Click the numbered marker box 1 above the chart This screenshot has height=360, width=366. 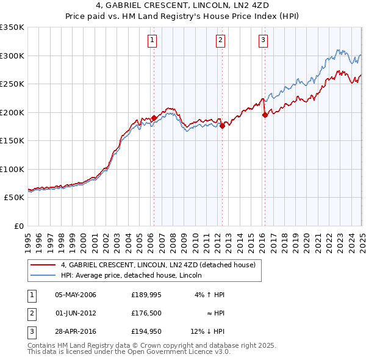point(151,41)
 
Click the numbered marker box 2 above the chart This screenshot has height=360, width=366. point(220,41)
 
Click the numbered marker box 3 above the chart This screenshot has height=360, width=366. point(263,41)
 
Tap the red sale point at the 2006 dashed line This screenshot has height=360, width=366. point(154,118)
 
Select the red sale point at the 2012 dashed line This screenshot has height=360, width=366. point(222,125)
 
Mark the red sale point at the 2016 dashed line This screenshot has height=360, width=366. point(265,115)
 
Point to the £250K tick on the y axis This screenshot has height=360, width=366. point(12,84)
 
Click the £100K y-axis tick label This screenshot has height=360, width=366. point(12,169)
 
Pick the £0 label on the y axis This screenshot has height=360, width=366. point(18,226)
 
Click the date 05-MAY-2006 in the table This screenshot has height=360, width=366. point(75,295)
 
